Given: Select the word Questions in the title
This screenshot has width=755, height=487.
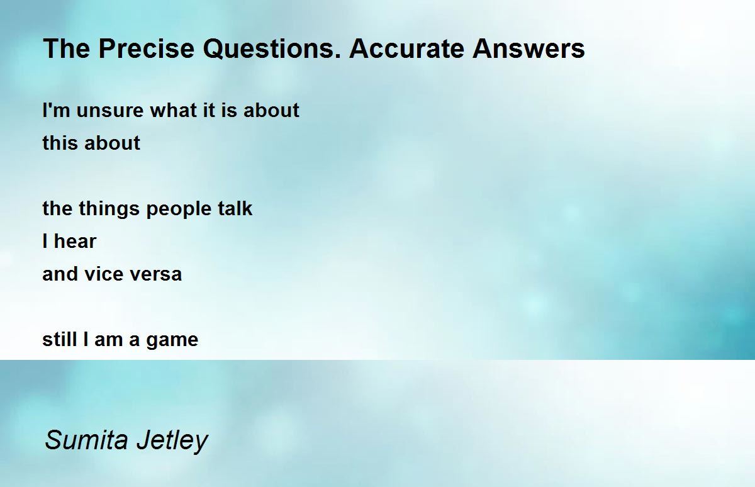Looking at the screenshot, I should coord(272,49).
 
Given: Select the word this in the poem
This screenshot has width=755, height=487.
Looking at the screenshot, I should coord(57,143).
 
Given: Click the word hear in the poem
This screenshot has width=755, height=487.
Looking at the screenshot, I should coord(75,242).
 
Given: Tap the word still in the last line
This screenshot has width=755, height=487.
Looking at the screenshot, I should coord(60,340).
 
